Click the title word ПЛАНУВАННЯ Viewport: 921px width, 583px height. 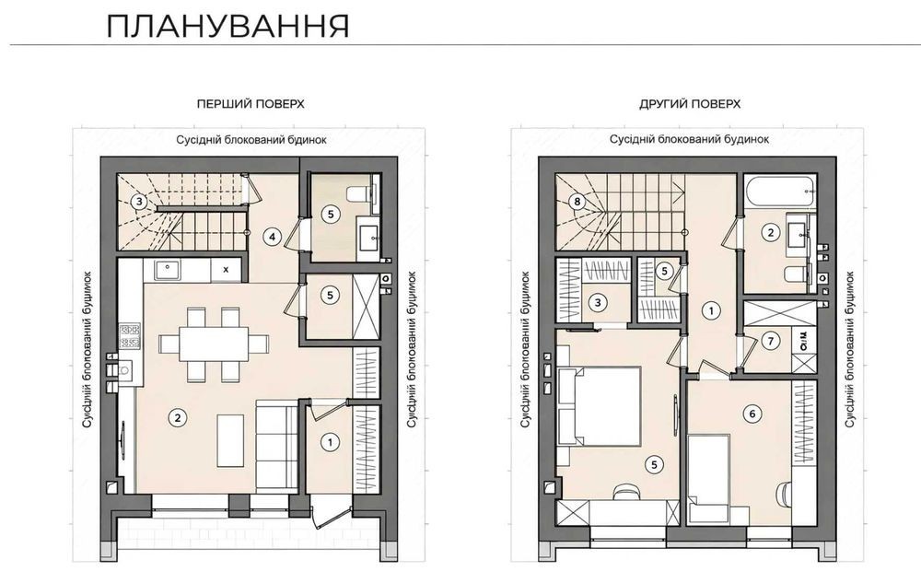(227, 26)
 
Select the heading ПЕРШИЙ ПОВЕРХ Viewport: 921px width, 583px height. (251, 104)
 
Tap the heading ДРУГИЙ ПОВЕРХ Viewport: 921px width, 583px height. (690, 104)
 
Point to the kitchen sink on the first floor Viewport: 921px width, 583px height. (168, 270)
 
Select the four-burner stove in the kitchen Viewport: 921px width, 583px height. (130, 336)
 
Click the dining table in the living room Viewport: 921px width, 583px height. (214, 344)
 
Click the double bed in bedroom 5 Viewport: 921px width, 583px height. (600, 406)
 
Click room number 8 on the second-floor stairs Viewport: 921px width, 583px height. (577, 202)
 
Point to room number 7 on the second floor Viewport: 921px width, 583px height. (771, 341)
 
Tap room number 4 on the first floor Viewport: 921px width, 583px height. (272, 237)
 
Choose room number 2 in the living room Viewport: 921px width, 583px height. (177, 418)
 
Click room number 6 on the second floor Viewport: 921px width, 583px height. (752, 414)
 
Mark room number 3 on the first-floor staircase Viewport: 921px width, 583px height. (139, 202)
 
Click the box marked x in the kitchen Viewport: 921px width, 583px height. (227, 270)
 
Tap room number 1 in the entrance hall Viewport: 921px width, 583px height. (330, 442)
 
